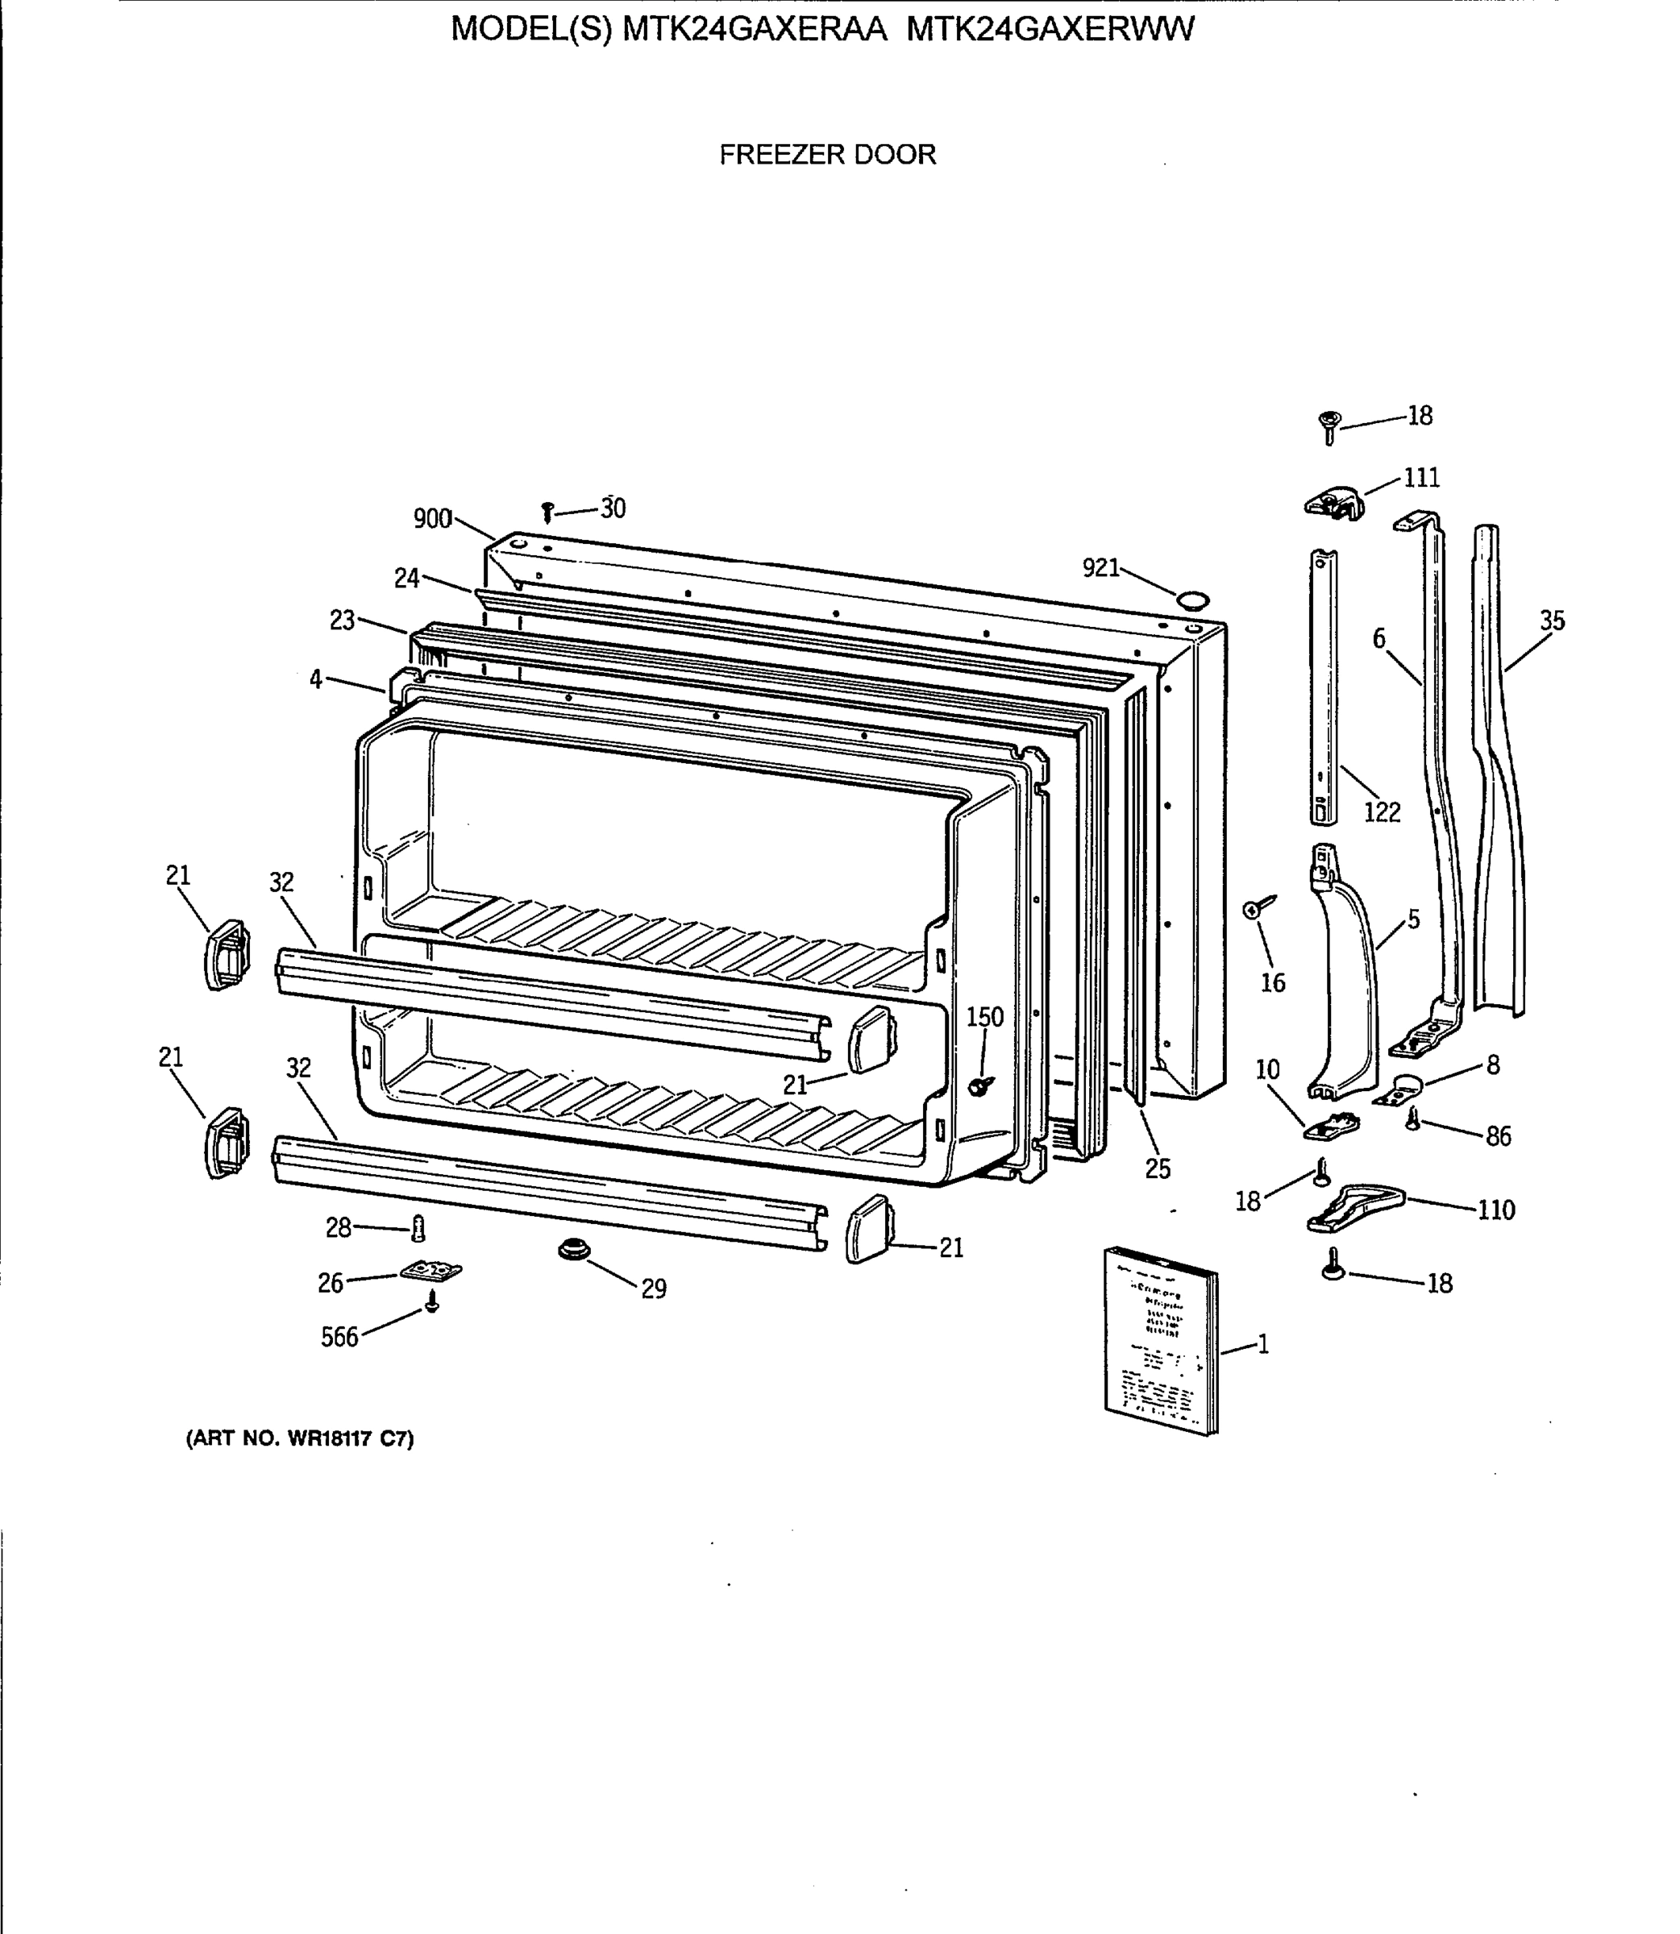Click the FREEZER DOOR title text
coord(827,155)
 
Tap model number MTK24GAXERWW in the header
coord(1051,30)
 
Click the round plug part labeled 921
coord(1192,600)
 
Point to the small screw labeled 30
coord(548,512)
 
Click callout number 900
coord(433,518)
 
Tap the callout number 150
coord(984,1017)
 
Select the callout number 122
coord(1382,811)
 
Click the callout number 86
coord(1498,1136)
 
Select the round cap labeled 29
coord(570,1249)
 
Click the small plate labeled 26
coord(430,1271)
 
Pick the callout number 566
coord(339,1337)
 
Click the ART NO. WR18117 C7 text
coord(300,1438)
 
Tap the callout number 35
coord(1552,620)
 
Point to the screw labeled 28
coord(419,1226)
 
